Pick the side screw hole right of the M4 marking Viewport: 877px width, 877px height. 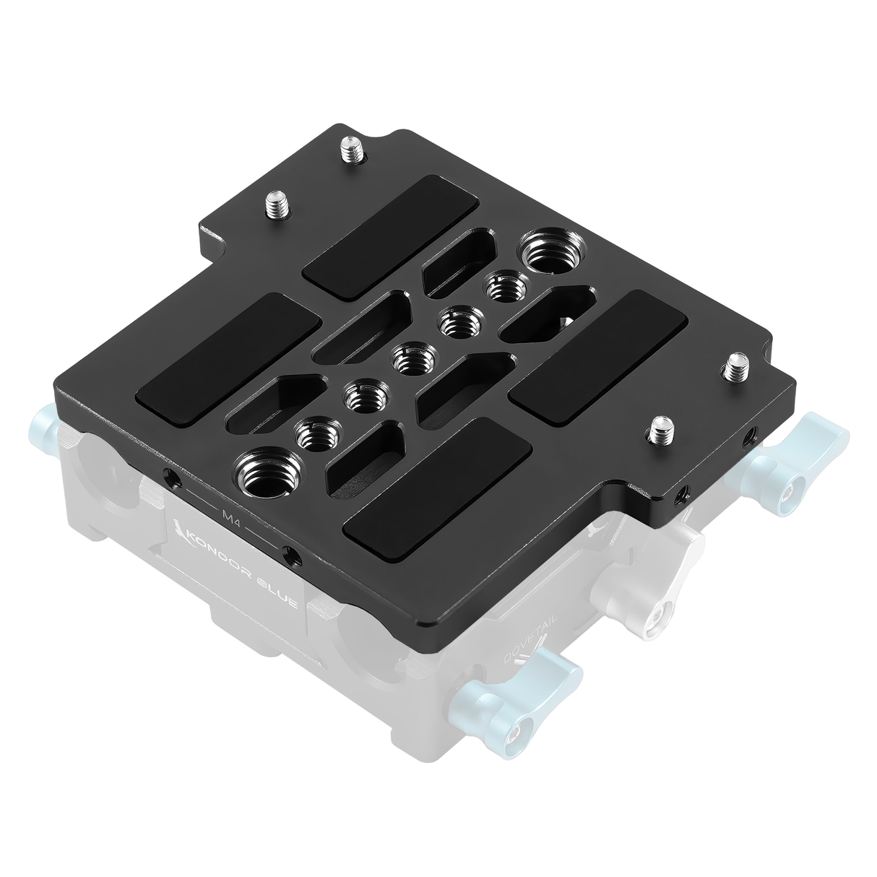[x=291, y=555]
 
